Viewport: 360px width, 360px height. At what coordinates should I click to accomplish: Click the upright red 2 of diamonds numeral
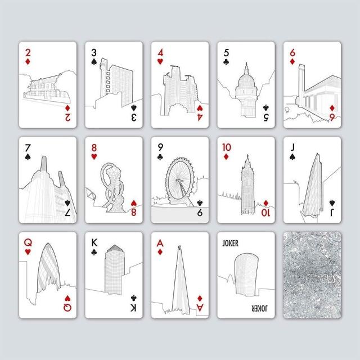click(28, 53)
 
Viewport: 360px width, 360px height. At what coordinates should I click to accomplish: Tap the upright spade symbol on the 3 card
click(94, 61)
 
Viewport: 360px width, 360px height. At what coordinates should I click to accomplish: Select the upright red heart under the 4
click(160, 61)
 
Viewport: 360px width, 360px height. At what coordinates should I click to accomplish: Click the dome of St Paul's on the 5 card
click(246, 81)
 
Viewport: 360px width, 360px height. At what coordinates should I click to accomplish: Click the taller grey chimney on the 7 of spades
click(44, 164)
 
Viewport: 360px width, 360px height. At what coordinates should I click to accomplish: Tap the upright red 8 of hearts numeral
click(94, 148)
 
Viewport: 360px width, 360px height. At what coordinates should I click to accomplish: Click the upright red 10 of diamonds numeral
click(226, 147)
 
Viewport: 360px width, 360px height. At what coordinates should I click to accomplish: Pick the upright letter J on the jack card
click(292, 147)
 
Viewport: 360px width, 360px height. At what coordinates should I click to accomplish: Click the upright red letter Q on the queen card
click(28, 242)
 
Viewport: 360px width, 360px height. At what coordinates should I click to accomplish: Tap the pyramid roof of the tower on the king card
click(115, 248)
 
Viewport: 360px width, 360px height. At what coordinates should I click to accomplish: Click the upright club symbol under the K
click(94, 252)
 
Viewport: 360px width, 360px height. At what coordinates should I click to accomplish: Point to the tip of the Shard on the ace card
click(179, 246)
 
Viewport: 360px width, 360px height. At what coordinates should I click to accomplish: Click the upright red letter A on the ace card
click(160, 242)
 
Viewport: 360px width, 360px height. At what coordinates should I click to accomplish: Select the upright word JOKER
click(230, 243)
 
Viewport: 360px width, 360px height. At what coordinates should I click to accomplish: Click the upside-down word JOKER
click(259, 308)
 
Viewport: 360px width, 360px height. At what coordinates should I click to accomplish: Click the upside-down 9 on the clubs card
click(200, 213)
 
